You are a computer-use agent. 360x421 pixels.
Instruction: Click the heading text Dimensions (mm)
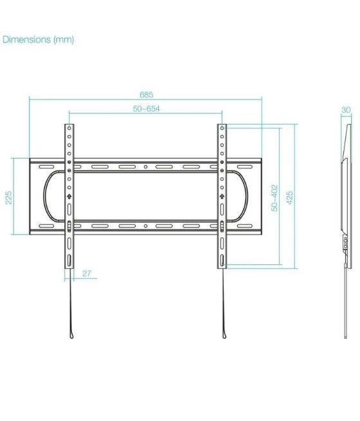[x=39, y=40]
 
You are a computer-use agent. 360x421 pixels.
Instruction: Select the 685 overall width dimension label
[x=146, y=94]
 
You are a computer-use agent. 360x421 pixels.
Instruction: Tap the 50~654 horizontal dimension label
[x=146, y=109]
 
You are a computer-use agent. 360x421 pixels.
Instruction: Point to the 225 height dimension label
[x=9, y=197]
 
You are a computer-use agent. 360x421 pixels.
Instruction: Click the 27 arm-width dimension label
[x=87, y=274]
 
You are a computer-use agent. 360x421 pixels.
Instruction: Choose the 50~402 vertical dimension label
[x=274, y=198]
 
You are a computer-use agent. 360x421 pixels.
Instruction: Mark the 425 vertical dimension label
[x=290, y=197]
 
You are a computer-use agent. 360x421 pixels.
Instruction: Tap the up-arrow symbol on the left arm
[x=69, y=195]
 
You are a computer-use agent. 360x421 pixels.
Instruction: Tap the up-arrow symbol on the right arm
[x=222, y=195]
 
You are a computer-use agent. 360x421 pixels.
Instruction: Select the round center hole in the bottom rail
[x=145, y=226]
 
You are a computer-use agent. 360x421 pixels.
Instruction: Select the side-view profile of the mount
[x=345, y=193]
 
